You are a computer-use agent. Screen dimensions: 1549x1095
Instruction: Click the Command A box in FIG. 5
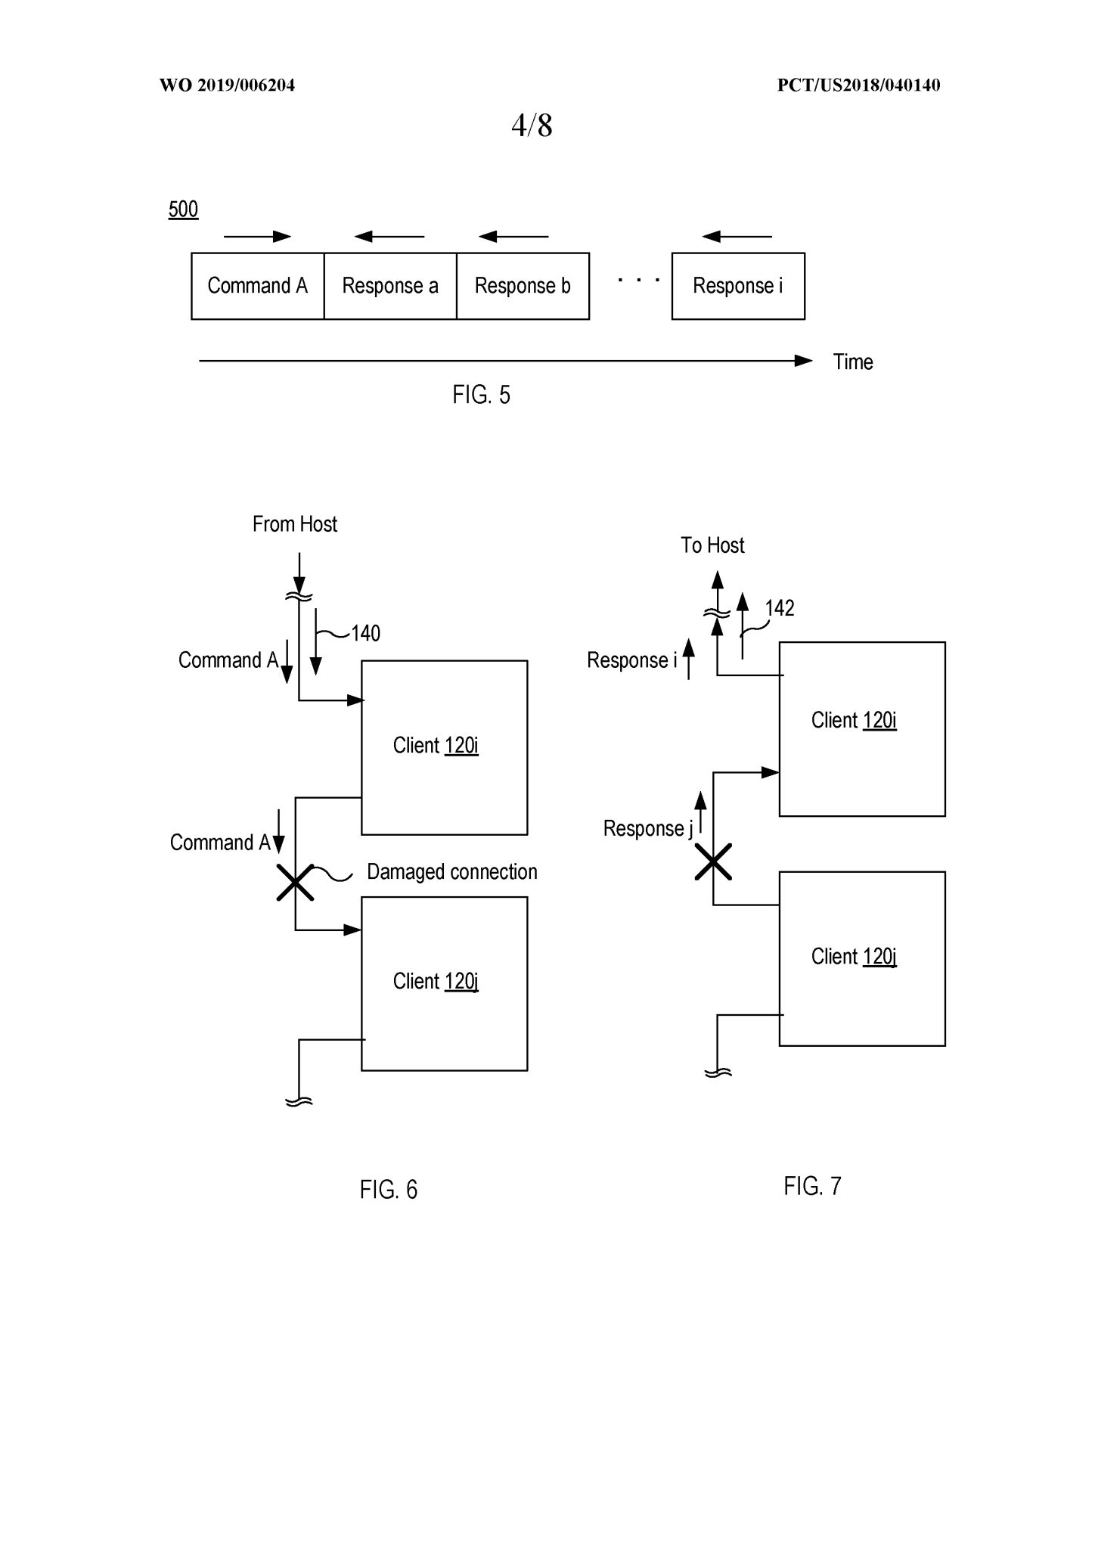point(257,286)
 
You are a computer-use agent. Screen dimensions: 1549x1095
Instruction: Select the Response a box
point(390,286)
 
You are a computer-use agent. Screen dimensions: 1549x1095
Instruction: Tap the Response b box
point(523,286)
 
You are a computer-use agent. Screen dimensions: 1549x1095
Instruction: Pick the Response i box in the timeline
point(738,286)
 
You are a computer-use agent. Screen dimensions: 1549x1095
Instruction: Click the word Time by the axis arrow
point(853,362)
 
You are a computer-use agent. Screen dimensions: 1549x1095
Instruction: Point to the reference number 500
point(183,210)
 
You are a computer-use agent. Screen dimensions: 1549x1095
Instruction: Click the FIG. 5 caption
point(482,395)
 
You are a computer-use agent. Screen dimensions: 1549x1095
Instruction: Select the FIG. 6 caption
point(389,1190)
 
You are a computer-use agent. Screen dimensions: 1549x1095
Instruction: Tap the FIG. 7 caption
point(812,1186)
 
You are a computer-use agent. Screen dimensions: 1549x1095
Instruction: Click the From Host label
point(295,524)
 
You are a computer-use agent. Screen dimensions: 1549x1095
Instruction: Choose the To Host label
point(712,545)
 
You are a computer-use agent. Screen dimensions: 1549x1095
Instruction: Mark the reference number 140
point(365,633)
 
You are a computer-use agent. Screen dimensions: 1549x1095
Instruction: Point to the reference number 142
point(779,608)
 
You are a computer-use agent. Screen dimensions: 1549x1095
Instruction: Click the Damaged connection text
point(452,872)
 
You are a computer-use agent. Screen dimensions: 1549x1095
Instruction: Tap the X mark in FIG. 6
point(295,883)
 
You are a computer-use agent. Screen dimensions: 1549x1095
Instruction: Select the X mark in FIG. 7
point(713,862)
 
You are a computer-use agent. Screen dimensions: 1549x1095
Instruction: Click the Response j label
point(647,829)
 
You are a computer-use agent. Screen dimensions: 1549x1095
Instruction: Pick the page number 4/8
point(532,126)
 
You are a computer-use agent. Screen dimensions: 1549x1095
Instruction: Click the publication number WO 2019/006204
point(227,85)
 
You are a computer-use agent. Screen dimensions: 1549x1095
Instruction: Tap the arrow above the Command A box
point(257,237)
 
